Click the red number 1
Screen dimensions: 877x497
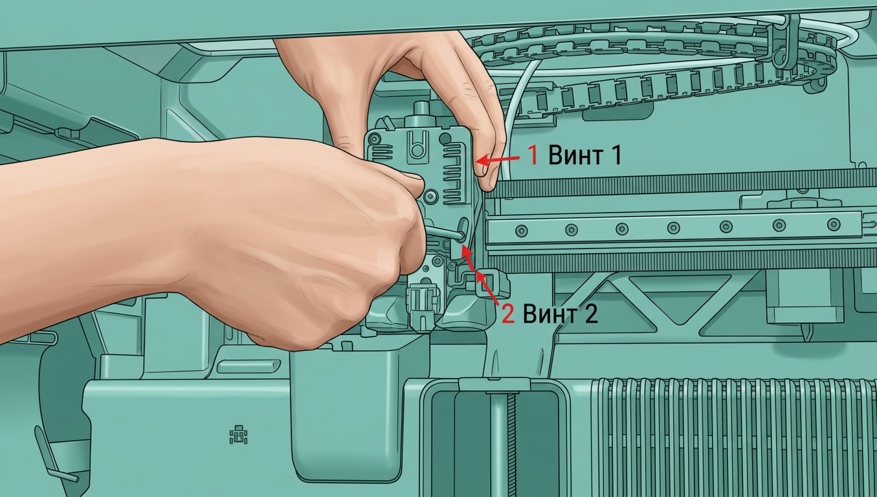coord(533,155)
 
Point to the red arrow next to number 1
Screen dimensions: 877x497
coord(497,159)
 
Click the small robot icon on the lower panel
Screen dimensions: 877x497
coord(238,435)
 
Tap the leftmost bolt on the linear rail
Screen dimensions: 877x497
coord(521,231)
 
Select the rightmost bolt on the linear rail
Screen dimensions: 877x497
coord(833,225)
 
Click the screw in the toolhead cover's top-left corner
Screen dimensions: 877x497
coord(375,138)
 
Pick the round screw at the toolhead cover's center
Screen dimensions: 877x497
coord(431,195)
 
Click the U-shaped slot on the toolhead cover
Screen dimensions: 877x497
coord(417,148)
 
